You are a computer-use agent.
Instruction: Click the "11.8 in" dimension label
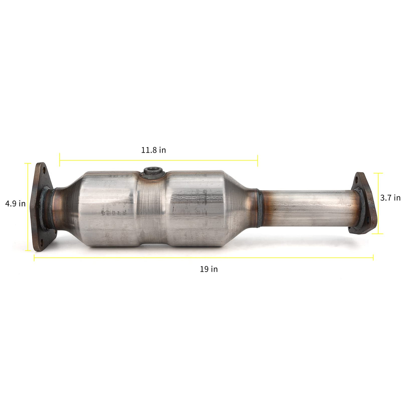tap(153, 150)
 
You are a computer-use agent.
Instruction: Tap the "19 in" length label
tap(209, 269)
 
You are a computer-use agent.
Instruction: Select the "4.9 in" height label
tap(15, 204)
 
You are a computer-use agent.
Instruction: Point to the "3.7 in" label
tap(390, 198)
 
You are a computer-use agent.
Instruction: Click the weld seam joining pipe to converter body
tap(259, 208)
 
